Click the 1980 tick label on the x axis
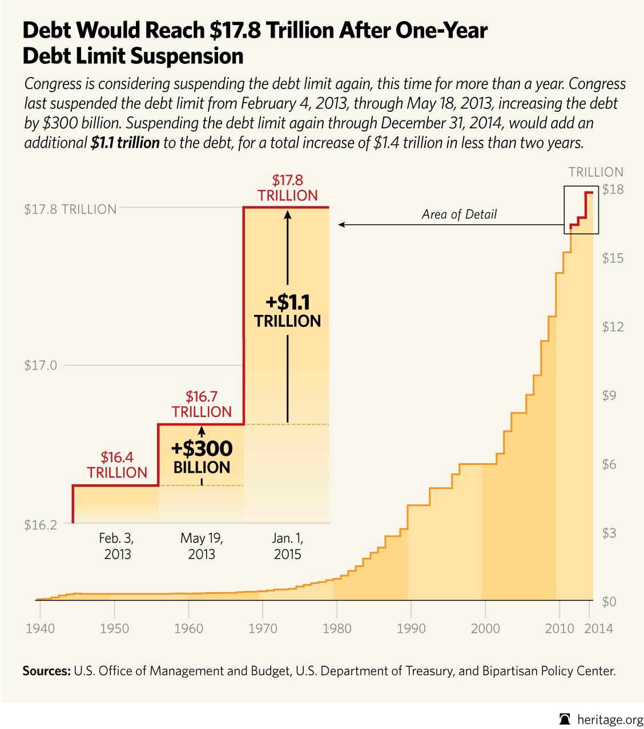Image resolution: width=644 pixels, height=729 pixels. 337,629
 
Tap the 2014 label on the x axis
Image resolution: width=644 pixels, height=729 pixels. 599,629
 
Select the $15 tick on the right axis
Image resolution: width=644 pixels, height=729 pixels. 612,258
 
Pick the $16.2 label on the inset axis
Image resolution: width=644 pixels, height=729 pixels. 41,525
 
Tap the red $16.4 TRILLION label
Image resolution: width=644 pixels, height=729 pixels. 117,464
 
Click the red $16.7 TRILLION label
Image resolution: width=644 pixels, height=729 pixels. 202,404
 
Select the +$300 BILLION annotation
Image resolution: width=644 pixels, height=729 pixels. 202,457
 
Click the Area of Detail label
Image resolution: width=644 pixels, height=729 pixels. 459,214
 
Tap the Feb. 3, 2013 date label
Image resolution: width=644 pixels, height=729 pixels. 116,546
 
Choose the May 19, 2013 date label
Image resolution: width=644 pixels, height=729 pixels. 202,546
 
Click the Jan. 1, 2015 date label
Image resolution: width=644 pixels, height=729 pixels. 287,546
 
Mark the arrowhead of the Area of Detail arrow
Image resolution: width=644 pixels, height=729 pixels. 341,225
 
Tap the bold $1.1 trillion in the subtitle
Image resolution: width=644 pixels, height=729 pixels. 124,143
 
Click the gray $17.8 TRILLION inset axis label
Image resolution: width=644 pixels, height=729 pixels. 70,209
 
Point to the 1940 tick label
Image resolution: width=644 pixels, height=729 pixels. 41,629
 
